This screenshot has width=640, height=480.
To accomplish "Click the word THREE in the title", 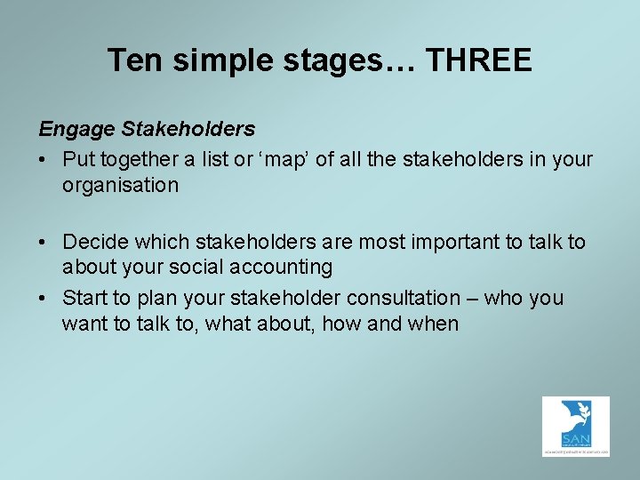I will pos(479,60).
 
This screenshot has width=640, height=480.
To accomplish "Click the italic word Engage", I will pos(76,130).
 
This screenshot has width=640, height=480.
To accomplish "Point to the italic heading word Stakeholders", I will pos(188,130).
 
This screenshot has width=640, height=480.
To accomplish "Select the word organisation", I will pos(120,185).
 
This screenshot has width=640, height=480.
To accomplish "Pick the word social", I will pos(190,267).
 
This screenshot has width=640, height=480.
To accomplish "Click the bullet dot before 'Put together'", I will pos(44,161).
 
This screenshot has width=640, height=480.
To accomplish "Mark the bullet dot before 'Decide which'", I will pos(44,243).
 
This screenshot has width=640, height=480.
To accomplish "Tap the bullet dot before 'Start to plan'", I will pos(44,299).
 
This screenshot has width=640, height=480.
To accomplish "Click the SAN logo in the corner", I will pos(575,427).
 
